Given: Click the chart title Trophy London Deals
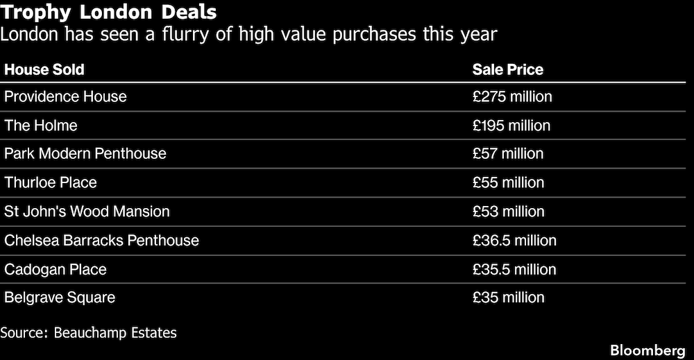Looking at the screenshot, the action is click(x=108, y=12).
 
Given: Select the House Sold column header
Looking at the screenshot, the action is click(x=44, y=69).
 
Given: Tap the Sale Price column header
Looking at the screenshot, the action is click(x=508, y=69).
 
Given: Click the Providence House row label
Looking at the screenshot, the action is click(x=65, y=96).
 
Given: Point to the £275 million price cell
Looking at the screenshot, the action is click(x=512, y=96).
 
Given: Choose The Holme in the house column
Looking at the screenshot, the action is click(x=41, y=125).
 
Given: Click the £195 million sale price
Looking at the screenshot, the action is click(x=511, y=125).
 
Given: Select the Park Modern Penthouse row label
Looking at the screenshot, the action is click(x=85, y=153).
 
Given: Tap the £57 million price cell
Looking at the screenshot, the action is click(x=508, y=153).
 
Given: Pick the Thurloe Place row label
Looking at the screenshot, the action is click(x=51, y=182).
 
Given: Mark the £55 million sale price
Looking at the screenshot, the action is click(x=508, y=182).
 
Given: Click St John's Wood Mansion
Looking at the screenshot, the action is click(x=87, y=211).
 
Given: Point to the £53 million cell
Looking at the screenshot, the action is click(x=508, y=211).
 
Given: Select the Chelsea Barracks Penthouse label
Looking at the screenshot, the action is click(x=102, y=240).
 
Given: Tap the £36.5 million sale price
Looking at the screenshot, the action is click(x=514, y=240).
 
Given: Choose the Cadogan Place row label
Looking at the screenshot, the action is click(x=56, y=269).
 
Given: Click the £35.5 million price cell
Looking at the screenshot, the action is click(x=514, y=269).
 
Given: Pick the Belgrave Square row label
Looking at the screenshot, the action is click(x=60, y=298).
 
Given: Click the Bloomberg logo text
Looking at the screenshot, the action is click(x=648, y=350).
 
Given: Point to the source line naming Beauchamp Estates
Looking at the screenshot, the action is click(x=89, y=332).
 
